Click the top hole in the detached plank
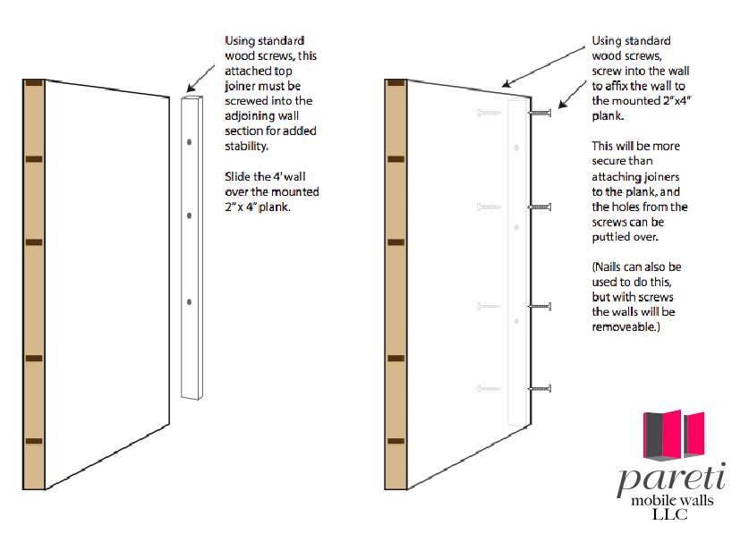coord(189,142)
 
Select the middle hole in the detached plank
coord(189,216)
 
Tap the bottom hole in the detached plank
coord(189,301)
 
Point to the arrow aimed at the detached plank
coord(200,79)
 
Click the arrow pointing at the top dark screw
coord(572,94)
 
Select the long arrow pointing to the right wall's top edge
coord(543,67)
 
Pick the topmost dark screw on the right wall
coord(540,113)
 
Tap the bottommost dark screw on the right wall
coord(540,389)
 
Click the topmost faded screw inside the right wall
coord(489,114)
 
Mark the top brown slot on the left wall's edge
coord(34,83)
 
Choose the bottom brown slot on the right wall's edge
coord(396,441)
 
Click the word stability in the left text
coord(246,146)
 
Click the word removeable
coord(624,327)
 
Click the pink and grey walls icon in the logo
coord(674,436)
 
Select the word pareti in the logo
coord(672,479)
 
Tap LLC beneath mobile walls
coord(670,514)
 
